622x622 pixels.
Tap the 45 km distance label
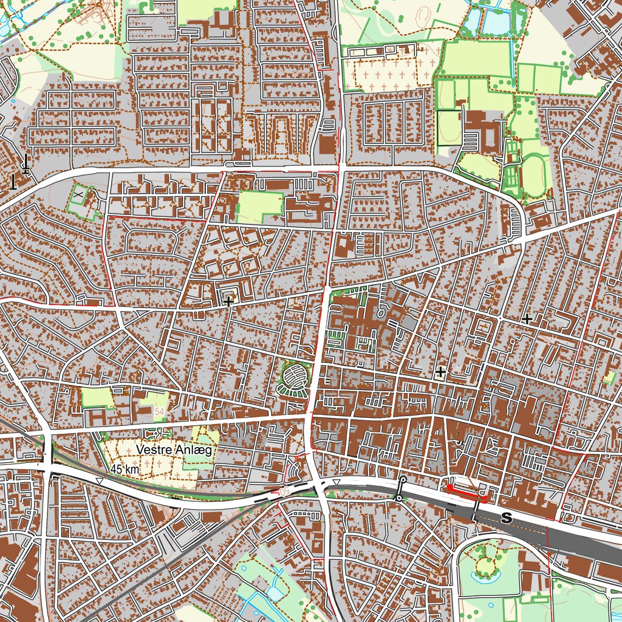point(125,469)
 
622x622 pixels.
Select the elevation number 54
point(159,412)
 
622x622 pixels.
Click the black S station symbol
point(506,518)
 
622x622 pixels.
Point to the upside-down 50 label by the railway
point(284,490)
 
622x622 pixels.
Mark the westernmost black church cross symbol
point(228,301)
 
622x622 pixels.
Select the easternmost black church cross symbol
point(527,318)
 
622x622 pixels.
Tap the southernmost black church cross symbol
point(440,371)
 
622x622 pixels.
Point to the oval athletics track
point(535,177)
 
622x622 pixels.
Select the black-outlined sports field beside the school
point(448,128)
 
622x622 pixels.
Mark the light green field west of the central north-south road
point(260,206)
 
